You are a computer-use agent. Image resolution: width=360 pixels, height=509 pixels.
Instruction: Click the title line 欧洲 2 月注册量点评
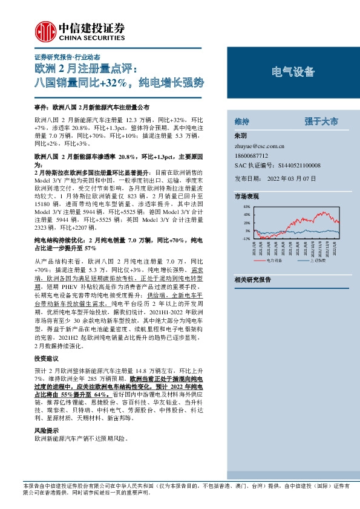point(87,68)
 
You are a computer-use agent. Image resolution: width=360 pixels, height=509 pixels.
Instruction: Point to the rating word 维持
point(241,122)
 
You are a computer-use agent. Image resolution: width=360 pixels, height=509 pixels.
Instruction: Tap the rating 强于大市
point(321,122)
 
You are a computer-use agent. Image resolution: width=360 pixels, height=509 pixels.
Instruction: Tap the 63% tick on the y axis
point(246,207)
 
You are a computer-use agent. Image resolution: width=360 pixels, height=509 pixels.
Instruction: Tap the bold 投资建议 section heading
point(45,359)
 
